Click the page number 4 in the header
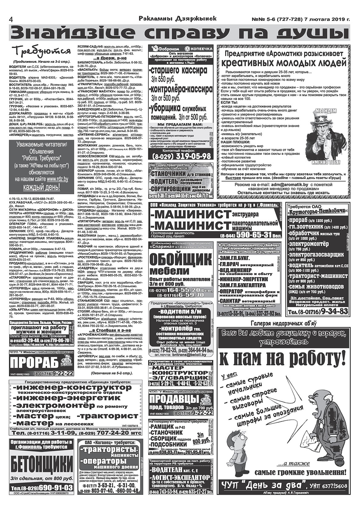(x=11, y=19)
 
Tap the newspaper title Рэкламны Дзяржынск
(x=178, y=18)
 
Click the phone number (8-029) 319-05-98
(x=181, y=156)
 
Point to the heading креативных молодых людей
(x=284, y=63)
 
